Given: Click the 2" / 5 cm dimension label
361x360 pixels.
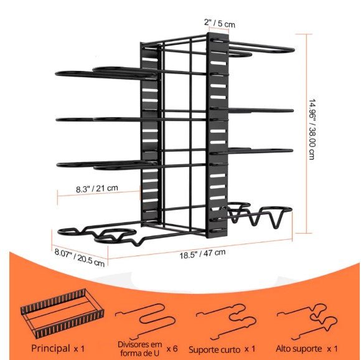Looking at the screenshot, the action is click(x=220, y=23).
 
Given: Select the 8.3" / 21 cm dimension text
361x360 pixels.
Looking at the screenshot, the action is click(x=97, y=188).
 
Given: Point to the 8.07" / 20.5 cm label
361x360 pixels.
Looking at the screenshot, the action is click(x=80, y=257).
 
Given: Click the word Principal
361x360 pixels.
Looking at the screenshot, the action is click(x=50, y=348).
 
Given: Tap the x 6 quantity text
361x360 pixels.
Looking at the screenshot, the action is click(x=172, y=349).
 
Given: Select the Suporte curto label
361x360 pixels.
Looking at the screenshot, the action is click(x=214, y=349).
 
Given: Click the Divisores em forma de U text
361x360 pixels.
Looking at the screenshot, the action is click(x=140, y=349).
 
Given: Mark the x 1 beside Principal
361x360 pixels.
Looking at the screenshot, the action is click(x=79, y=349).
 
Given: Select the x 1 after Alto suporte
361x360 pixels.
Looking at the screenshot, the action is click(x=332, y=349).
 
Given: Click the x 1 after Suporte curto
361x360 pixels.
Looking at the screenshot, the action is click(x=250, y=349).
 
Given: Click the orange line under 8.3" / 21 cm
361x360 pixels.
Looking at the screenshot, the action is click(x=99, y=194).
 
